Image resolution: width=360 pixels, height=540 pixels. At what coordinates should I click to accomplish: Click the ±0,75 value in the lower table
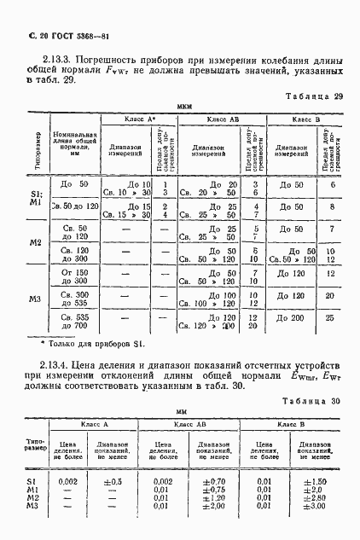click(x=214, y=490)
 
